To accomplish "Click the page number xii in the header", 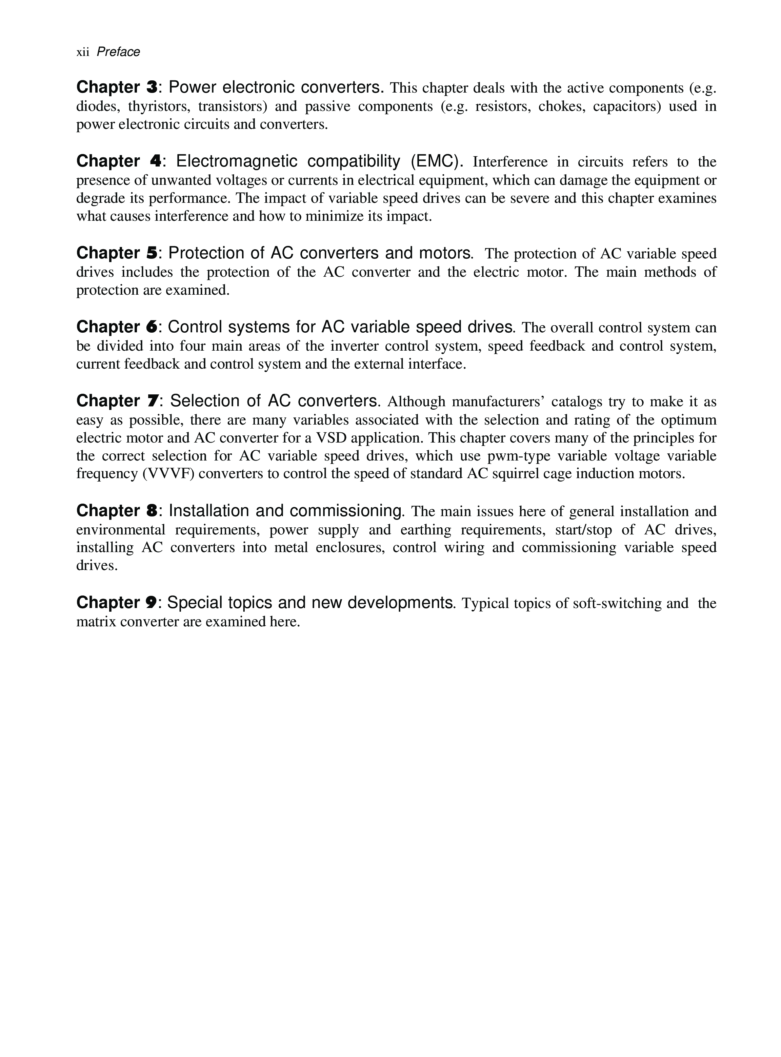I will tap(83, 52).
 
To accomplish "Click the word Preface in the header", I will tap(118, 52).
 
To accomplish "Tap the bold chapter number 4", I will tap(155, 161).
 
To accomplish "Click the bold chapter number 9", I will tap(151, 603).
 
